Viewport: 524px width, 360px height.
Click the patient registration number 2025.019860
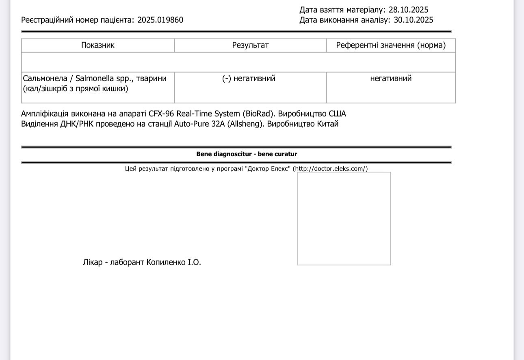(160, 20)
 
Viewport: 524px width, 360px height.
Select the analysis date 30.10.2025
(414, 20)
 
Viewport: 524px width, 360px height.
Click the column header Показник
(98, 45)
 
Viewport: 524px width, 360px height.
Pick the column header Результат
(250, 45)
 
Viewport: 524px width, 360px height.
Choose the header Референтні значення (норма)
(391, 45)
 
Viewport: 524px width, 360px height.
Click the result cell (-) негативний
(249, 78)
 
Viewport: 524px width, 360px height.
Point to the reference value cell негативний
(391, 78)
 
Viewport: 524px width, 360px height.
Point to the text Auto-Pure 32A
(197, 124)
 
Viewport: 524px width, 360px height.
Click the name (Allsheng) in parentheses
(243, 124)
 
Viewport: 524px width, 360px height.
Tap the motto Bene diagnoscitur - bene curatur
(247, 154)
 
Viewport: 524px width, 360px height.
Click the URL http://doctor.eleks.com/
(330, 169)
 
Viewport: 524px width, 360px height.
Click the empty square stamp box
(344, 218)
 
